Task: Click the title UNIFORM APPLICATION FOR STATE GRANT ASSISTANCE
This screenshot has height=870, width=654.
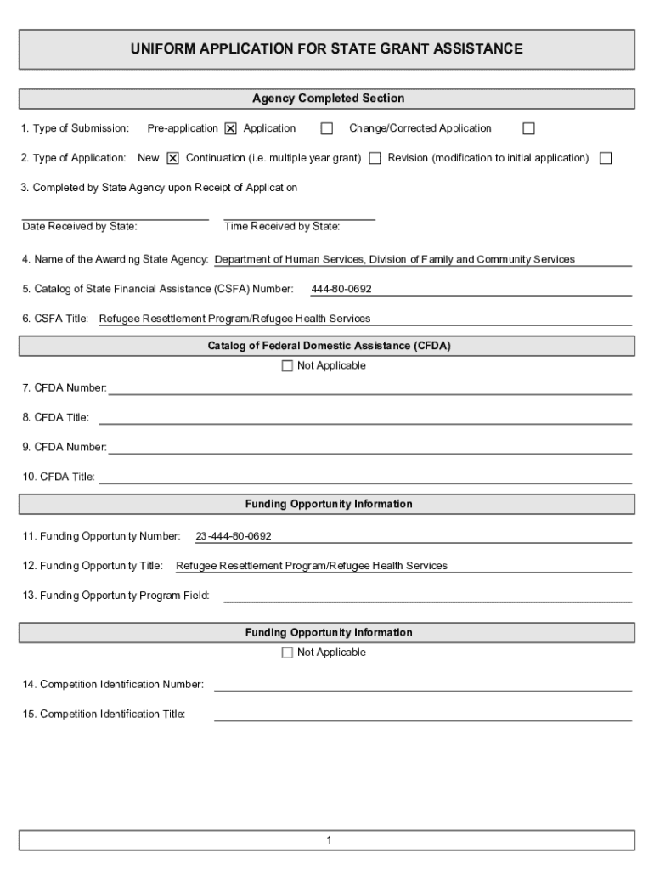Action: pos(326,49)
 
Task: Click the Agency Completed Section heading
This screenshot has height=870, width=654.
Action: pos(328,99)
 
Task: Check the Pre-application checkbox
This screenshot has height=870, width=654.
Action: pos(230,129)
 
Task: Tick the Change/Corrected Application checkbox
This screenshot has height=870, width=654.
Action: pos(528,129)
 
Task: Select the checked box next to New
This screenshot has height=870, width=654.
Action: pos(172,158)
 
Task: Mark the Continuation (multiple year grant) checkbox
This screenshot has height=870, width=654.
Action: pos(375,158)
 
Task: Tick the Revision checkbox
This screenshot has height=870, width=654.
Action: pos(606,158)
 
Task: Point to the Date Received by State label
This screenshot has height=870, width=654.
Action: pos(80,227)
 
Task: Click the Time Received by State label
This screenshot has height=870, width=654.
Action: pos(282,227)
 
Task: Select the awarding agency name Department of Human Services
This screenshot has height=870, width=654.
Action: pos(395,259)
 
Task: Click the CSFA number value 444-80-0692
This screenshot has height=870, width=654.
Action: pos(341,289)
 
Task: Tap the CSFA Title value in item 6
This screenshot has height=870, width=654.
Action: pos(235,319)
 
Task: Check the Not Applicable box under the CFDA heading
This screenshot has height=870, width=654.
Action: pos(287,366)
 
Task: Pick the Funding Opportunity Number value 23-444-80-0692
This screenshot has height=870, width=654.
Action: pos(234,536)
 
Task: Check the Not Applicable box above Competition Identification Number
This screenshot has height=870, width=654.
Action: pos(287,652)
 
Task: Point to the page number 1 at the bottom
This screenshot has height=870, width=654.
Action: pos(328,840)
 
